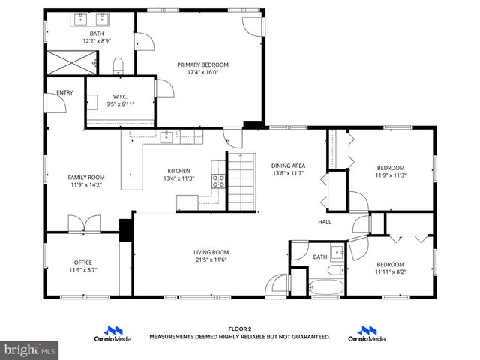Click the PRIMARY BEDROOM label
pyautogui.click(x=202, y=64)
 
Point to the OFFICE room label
pyautogui.click(x=83, y=262)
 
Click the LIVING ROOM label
pyautogui.click(x=211, y=252)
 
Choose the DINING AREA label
pyautogui.click(x=288, y=166)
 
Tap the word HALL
pyautogui.click(x=325, y=222)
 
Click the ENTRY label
pyautogui.click(x=65, y=93)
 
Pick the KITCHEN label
pyautogui.click(x=178, y=171)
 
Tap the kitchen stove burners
pyautogui.click(x=219, y=181)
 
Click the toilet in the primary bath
pyautogui.click(x=118, y=67)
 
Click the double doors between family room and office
pyautogui.click(x=83, y=223)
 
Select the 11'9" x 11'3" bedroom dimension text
pyautogui.click(x=390, y=175)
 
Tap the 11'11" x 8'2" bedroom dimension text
pyautogui.click(x=390, y=271)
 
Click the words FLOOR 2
pyautogui.click(x=240, y=328)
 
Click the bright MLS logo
pyautogui.click(x=30, y=349)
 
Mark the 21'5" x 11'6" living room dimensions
pyautogui.click(x=211, y=260)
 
